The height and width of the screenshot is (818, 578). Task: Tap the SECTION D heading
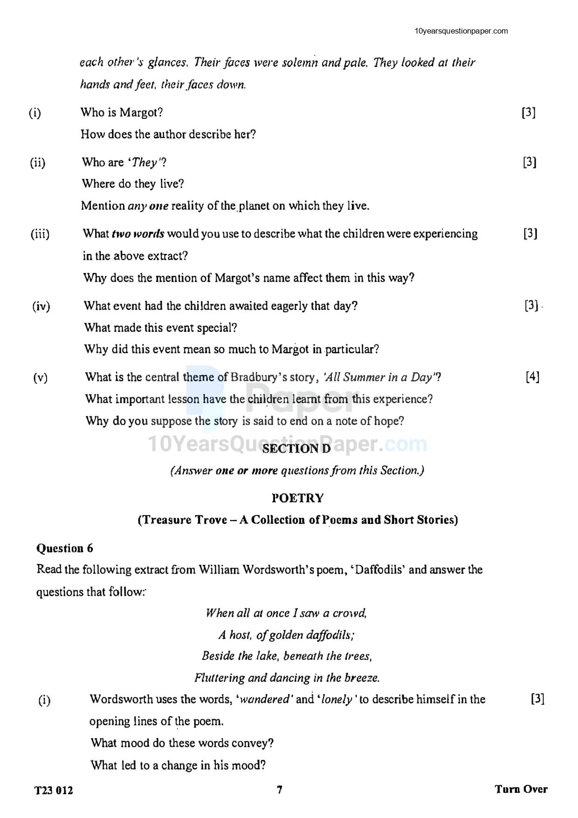coord(296,449)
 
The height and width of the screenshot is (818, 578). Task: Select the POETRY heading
coord(297,498)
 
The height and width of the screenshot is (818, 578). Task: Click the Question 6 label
coord(65,548)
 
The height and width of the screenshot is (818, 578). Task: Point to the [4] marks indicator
coord(532,377)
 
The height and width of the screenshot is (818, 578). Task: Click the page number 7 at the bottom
coord(280,790)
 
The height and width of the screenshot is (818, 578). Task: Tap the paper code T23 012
coord(54,791)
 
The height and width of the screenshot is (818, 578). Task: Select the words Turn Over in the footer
coord(521,789)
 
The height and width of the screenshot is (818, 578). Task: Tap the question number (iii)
coord(40,234)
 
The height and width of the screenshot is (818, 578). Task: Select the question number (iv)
coord(41,306)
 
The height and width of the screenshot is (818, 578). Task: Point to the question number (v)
coord(41,378)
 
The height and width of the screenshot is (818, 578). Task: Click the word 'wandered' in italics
coord(264,699)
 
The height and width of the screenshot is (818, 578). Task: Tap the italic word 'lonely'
coord(337,699)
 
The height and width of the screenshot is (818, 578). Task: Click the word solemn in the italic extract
coord(300,62)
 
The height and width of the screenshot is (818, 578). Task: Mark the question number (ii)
coord(38,163)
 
